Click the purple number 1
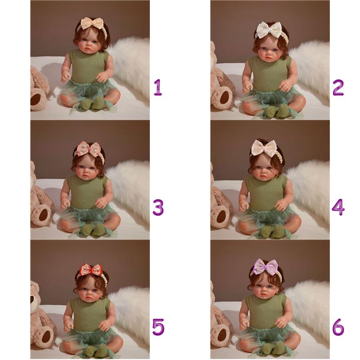pyautogui.click(x=158, y=87)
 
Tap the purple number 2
pyautogui.click(x=338, y=87)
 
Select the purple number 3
pyautogui.click(x=158, y=207)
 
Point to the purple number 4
pyautogui.click(x=338, y=207)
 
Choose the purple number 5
pyautogui.click(x=158, y=327)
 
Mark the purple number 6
pyautogui.click(x=338, y=327)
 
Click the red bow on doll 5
pyautogui.click(x=91, y=270)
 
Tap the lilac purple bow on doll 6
pyautogui.click(x=266, y=266)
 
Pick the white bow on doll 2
pyautogui.click(x=269, y=30)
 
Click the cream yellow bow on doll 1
pyautogui.click(x=90, y=23)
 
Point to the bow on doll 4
pyautogui.click(x=265, y=148)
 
